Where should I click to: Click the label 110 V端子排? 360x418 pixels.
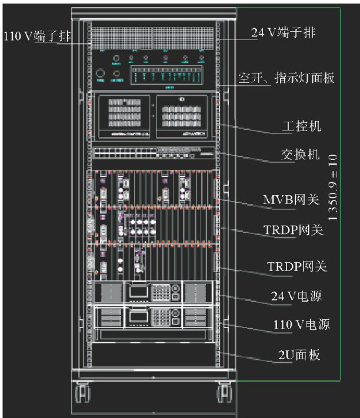[x=36, y=36]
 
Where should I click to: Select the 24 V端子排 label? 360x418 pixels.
[x=284, y=33]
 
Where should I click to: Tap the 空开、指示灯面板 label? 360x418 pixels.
[x=286, y=78]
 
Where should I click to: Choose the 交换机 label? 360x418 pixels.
[x=299, y=155]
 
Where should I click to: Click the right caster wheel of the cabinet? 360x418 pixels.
[x=224, y=392]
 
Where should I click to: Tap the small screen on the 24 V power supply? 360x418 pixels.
[x=139, y=289]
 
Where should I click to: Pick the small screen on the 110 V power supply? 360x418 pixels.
[x=139, y=316]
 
